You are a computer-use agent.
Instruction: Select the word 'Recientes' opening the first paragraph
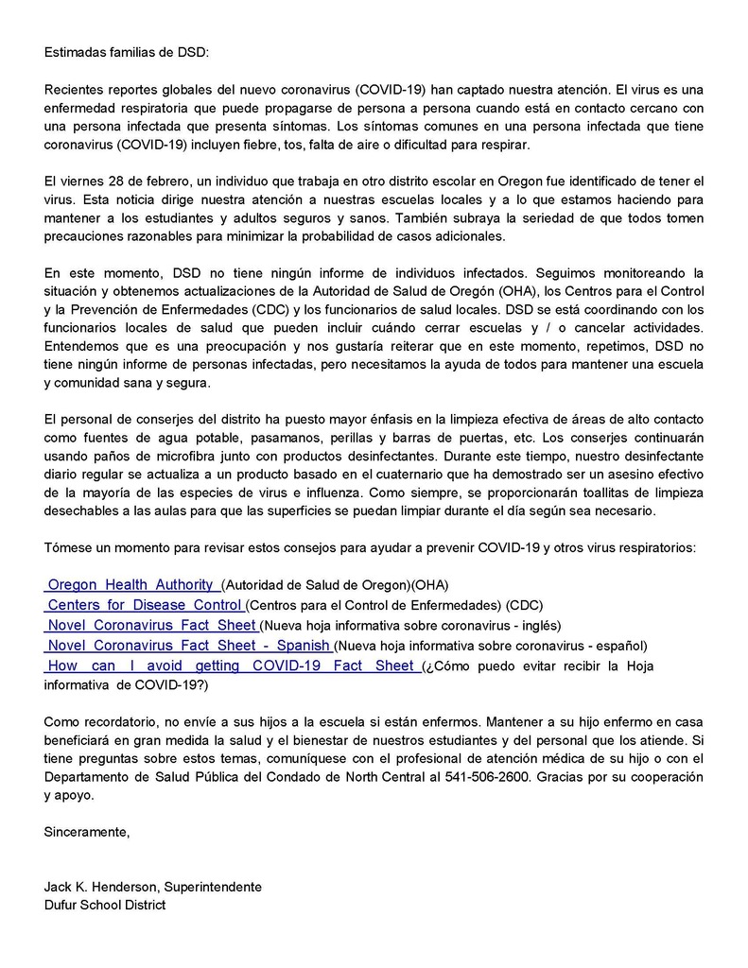click(x=74, y=89)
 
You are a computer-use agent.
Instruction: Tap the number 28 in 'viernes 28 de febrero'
click(x=112, y=180)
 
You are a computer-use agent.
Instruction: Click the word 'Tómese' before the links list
click(x=67, y=548)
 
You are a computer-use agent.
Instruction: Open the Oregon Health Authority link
click(x=132, y=585)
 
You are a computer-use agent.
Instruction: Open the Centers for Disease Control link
click(x=144, y=605)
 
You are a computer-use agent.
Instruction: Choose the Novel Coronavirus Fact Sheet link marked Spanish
click(x=187, y=646)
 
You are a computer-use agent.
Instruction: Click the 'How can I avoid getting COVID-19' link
click(x=232, y=665)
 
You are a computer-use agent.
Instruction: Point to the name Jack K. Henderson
click(x=102, y=887)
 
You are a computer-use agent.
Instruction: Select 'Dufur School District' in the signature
click(x=104, y=906)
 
